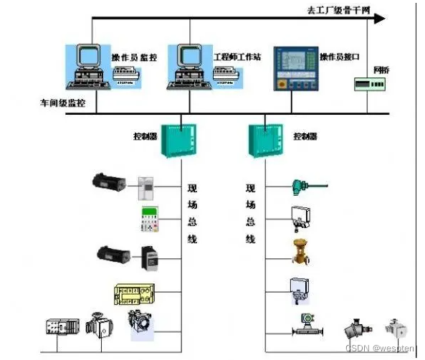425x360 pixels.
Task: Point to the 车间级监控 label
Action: point(62,103)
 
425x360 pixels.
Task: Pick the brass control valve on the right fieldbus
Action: point(299,251)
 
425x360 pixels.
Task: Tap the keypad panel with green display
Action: point(148,219)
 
